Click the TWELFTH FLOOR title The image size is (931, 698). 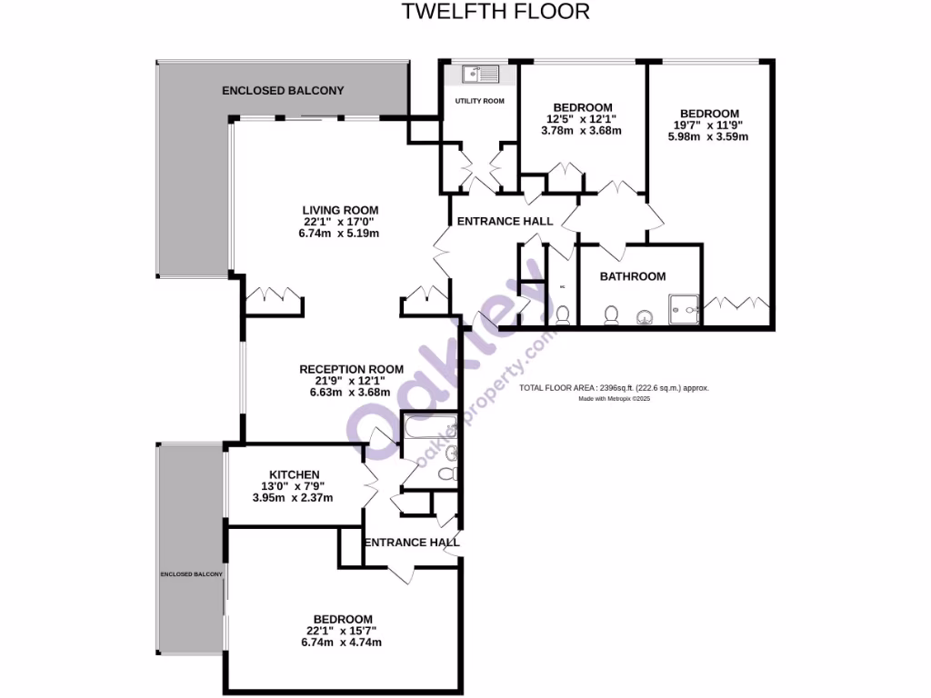[496, 12]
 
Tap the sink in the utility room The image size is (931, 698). [476, 74]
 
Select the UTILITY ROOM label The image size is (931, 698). [479, 101]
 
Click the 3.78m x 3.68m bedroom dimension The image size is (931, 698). [581, 130]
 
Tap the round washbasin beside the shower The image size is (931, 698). [645, 316]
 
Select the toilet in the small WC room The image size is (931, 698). [563, 315]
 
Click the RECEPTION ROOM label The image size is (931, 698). [351, 369]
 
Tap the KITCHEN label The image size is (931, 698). [294, 474]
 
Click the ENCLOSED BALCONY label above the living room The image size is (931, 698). [284, 91]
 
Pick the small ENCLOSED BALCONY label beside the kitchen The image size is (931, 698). [191, 574]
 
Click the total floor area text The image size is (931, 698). [614, 388]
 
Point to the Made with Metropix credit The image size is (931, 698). [616, 398]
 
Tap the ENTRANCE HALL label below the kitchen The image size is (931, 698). [411, 543]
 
